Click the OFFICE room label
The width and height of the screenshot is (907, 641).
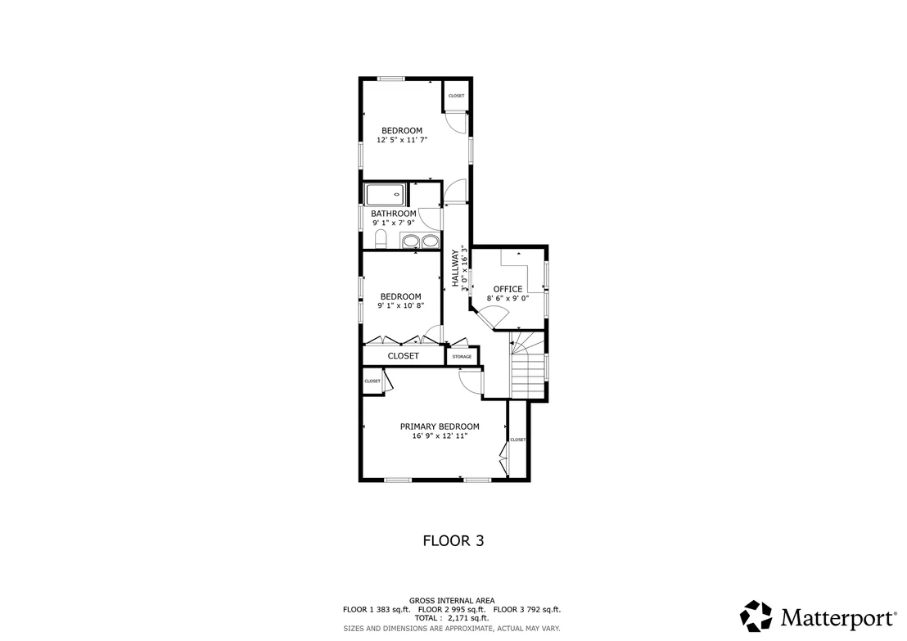pos(508,289)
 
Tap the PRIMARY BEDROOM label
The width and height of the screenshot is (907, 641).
pos(440,427)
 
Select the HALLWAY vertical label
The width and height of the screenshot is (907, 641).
pos(455,267)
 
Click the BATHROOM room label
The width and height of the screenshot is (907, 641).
pos(394,214)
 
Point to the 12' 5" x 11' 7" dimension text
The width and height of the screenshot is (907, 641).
pos(402,140)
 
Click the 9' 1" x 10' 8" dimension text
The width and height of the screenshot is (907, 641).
pos(401,305)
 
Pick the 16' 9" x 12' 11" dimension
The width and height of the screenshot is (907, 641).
pos(440,436)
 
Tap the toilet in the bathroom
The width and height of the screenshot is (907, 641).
pos(381,238)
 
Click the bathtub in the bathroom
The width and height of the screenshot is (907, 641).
pos(385,195)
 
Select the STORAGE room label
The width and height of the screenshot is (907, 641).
pos(462,357)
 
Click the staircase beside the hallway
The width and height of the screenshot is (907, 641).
pos(527,364)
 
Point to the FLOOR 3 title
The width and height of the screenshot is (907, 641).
pos(453,540)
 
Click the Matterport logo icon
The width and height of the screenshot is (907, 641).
pos(756,616)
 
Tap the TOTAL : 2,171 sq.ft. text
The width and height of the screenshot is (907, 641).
pos(451,618)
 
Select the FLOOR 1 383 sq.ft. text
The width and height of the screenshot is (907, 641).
pos(377,609)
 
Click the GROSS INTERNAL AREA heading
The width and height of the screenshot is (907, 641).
pos(452,601)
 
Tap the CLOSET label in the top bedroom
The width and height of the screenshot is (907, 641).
pos(456,96)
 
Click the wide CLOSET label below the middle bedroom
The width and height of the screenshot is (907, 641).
pos(404,356)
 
